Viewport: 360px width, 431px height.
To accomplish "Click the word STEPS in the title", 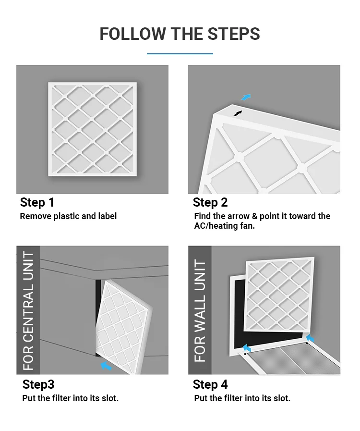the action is pyautogui.click(x=233, y=34).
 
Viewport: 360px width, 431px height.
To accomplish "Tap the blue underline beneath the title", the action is pyautogui.click(x=180, y=54).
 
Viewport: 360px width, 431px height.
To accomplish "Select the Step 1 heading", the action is pyautogui.click(x=37, y=202).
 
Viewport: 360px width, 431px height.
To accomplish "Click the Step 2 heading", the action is pyautogui.click(x=210, y=202).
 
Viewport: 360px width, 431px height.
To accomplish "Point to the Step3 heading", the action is pyautogui.click(x=38, y=384).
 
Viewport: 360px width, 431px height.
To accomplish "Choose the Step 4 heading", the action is pyautogui.click(x=210, y=384).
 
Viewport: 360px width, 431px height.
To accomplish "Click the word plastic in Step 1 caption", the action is pyautogui.click(x=66, y=216).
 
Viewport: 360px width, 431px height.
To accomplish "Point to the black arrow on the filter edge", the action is pyautogui.click(x=238, y=113).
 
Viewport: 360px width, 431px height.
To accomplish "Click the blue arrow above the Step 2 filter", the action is pyautogui.click(x=246, y=98).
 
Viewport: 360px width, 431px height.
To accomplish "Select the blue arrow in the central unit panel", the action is pyautogui.click(x=106, y=366).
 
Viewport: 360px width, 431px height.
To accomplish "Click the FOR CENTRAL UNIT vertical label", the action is pyautogui.click(x=28, y=310).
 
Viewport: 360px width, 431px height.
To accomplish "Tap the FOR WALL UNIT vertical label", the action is pyautogui.click(x=200, y=310).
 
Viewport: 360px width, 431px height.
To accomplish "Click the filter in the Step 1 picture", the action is pyautogui.click(x=93, y=129).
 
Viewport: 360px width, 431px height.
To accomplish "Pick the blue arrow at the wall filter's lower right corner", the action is pyautogui.click(x=310, y=338).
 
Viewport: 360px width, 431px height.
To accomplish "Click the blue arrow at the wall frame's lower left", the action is pyautogui.click(x=247, y=348).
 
